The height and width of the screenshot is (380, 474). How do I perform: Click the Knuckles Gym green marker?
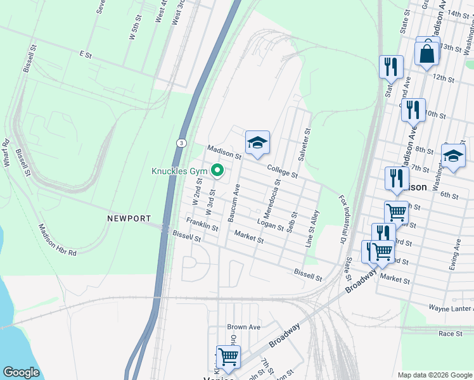(217, 171)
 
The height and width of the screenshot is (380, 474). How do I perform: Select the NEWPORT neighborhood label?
(129, 218)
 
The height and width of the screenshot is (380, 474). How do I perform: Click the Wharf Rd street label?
(6, 153)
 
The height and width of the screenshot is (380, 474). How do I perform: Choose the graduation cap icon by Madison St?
(257, 143)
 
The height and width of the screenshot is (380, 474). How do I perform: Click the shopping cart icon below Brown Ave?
(228, 356)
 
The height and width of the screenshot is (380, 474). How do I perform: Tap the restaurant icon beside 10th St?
(413, 110)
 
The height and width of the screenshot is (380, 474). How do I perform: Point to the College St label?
(282, 170)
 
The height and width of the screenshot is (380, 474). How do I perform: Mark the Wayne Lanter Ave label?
(442, 308)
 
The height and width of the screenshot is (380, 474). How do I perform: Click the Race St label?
(451, 332)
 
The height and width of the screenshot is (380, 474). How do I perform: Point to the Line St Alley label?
(313, 228)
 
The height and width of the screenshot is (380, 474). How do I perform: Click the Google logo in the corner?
(22, 372)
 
